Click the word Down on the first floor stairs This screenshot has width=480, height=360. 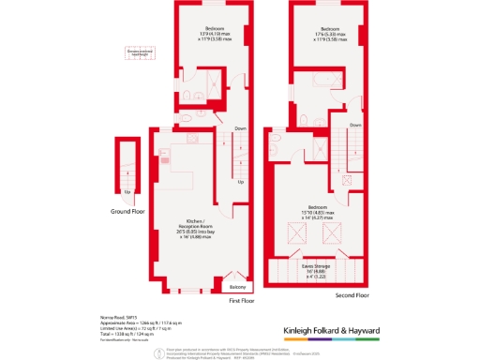click(241, 127)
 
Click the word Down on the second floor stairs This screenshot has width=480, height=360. click(354, 125)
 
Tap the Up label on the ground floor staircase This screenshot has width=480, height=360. click(126, 192)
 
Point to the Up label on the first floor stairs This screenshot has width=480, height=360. click(240, 182)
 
